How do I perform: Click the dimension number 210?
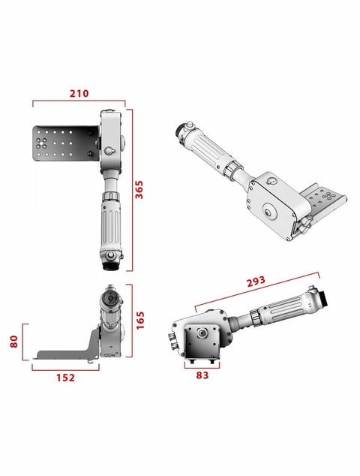[79, 94]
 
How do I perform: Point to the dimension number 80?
[13, 342]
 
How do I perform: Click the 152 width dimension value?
[65, 377]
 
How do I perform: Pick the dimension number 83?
[201, 376]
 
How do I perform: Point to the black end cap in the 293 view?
[319, 297]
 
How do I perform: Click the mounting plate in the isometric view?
[326, 203]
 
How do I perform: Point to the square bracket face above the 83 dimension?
[202, 342]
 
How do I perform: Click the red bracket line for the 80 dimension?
[25, 342]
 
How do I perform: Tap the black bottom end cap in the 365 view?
[109, 264]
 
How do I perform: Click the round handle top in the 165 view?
[109, 298]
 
